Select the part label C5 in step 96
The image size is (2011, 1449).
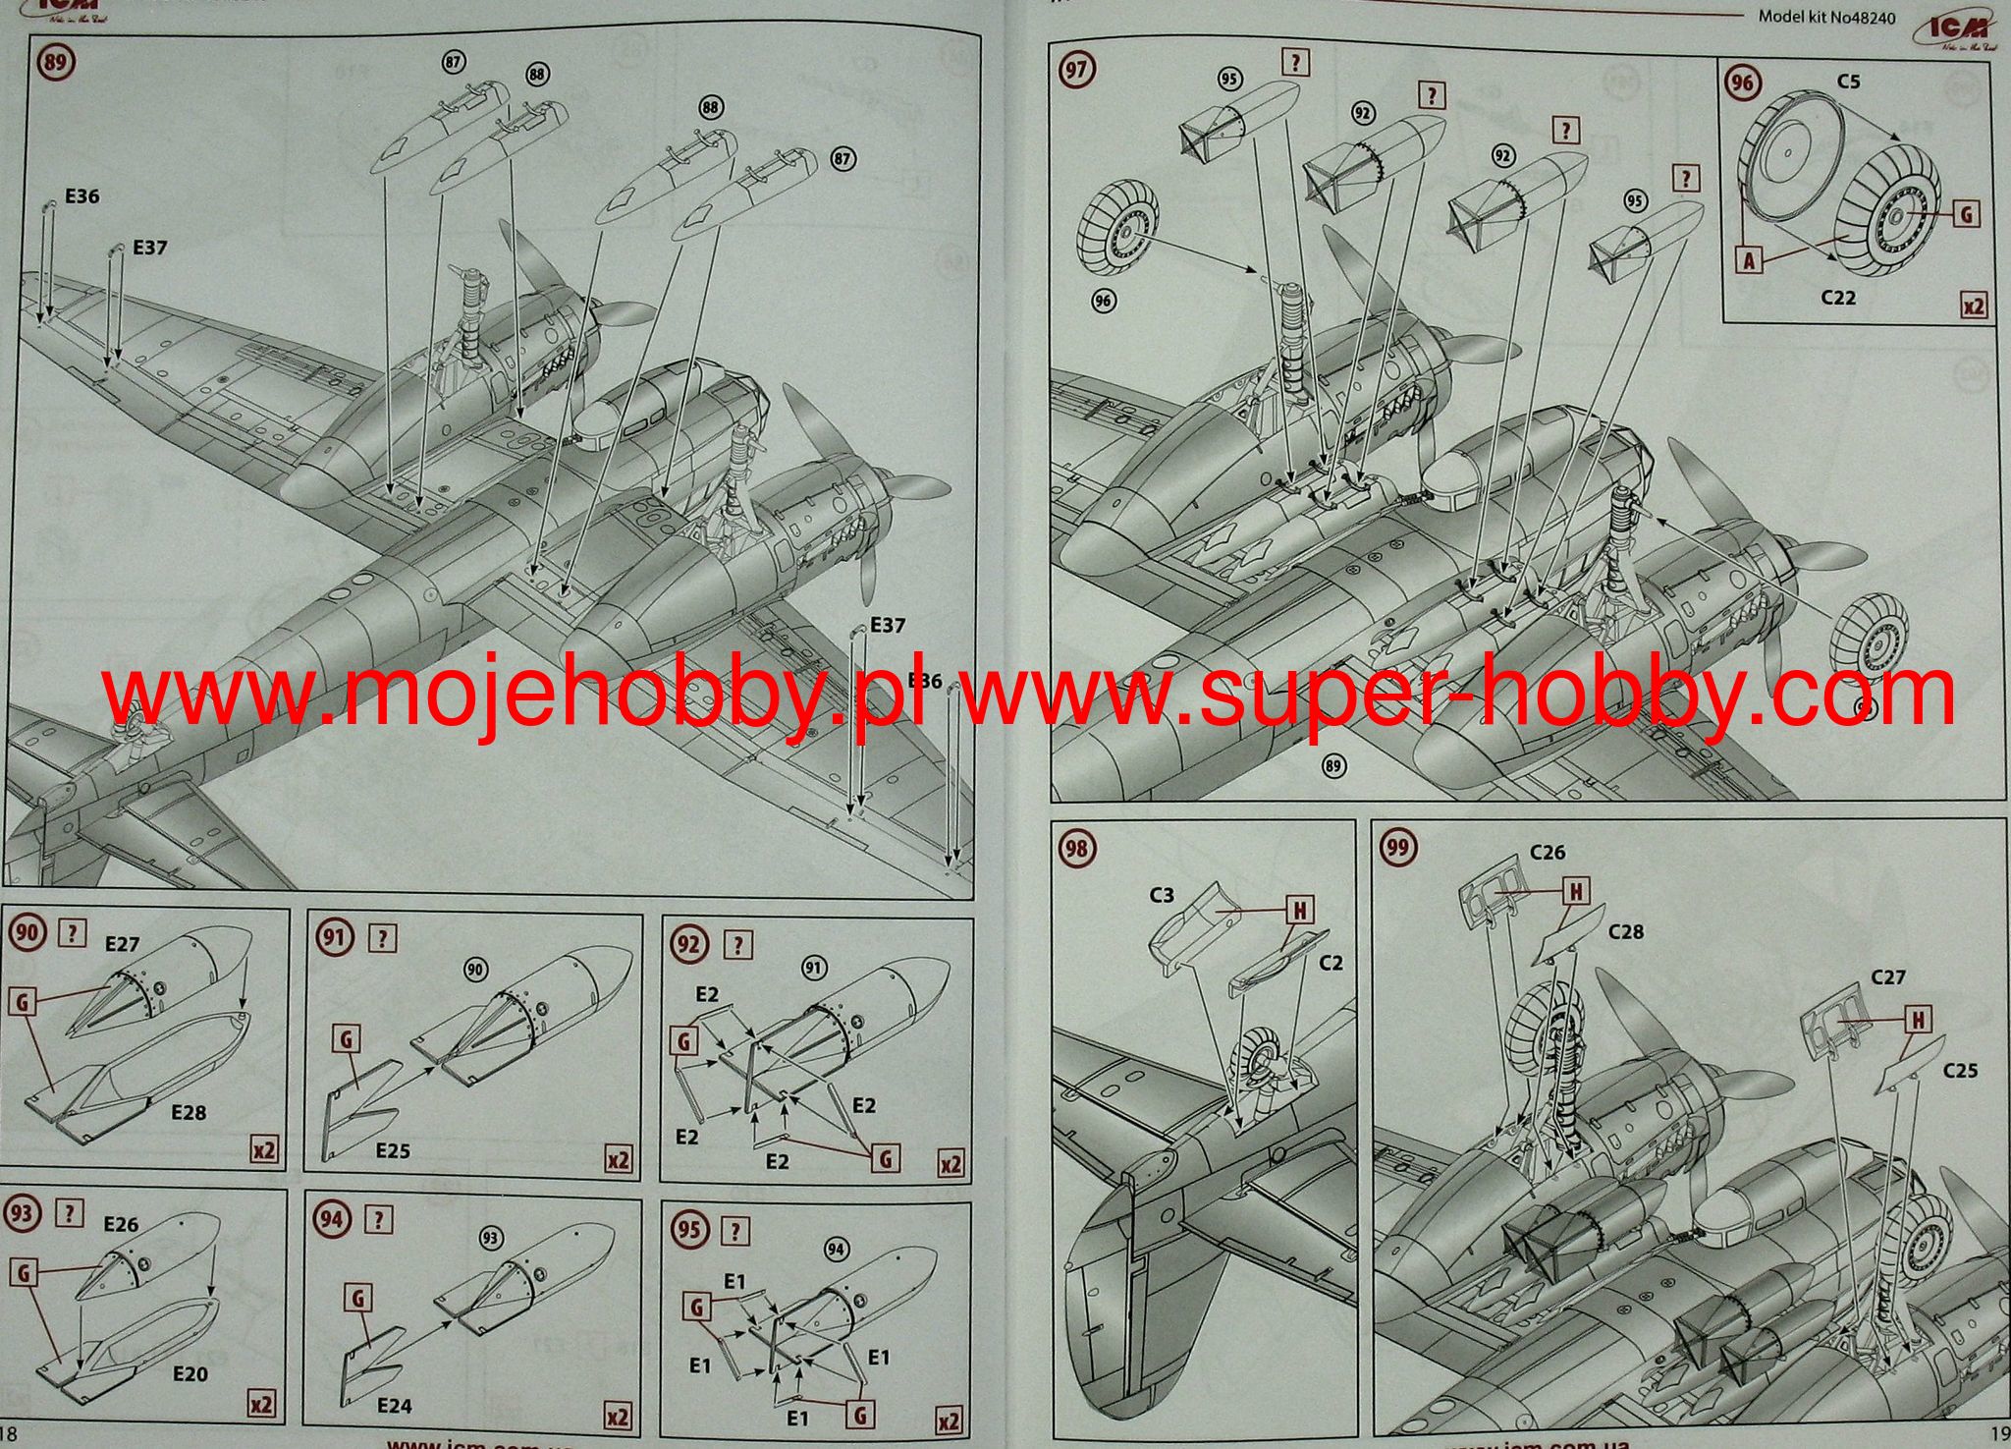(x=1848, y=83)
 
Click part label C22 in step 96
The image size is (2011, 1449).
(x=1837, y=298)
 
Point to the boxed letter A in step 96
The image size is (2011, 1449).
(x=1749, y=259)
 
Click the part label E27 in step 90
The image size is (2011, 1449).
(x=123, y=944)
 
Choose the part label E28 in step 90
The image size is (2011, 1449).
(x=189, y=1112)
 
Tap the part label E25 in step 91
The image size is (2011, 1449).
(x=392, y=1150)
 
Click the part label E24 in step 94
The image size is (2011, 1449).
(x=394, y=1406)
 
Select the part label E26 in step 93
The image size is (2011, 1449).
(x=121, y=1225)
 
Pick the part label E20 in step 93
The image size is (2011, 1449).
(x=190, y=1373)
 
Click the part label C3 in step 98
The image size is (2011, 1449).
(x=1162, y=895)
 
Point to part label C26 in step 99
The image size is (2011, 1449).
(x=1547, y=853)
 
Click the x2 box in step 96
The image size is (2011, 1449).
(x=1972, y=306)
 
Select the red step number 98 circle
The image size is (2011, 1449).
(x=1077, y=847)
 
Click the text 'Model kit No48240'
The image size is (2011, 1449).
(x=1827, y=17)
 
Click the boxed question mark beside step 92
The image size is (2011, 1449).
(x=737, y=945)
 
